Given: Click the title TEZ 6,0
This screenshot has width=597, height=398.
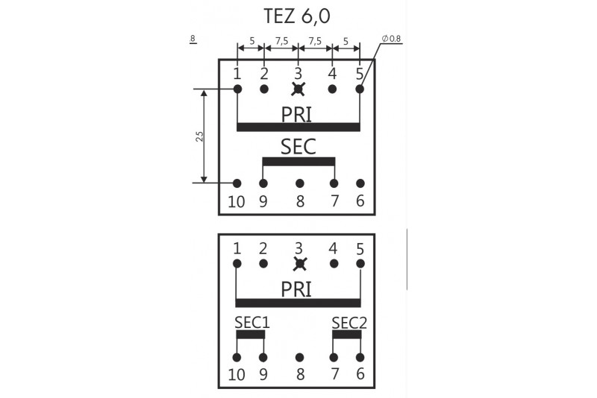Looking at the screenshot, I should click(x=297, y=16).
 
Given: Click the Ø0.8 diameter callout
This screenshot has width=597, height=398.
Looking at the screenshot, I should click(x=391, y=39).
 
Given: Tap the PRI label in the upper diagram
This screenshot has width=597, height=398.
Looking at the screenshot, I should click(x=296, y=114).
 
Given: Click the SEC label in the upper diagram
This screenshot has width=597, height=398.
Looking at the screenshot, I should click(x=298, y=146).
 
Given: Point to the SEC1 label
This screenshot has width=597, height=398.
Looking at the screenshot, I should click(x=251, y=323).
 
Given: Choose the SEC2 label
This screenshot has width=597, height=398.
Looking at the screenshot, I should click(x=348, y=323).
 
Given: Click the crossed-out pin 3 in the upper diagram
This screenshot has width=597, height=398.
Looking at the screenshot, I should click(x=298, y=89).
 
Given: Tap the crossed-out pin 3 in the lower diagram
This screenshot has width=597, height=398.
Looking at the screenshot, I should click(x=300, y=263).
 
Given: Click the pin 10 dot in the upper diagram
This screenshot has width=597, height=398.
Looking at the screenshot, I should click(x=237, y=183).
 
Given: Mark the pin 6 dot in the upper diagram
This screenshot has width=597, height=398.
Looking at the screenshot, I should click(x=360, y=183).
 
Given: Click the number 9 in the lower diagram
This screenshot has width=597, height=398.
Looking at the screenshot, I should click(x=263, y=375).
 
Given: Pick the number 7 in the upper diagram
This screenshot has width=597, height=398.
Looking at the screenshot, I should click(x=334, y=201).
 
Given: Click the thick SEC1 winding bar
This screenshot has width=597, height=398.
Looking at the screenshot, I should click(x=250, y=335).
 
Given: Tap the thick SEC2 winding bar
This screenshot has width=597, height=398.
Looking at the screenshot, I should click(x=347, y=335).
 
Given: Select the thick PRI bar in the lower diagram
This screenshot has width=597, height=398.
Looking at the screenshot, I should click(x=298, y=303).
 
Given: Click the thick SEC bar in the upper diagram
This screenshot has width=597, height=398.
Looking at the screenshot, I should click(x=298, y=161).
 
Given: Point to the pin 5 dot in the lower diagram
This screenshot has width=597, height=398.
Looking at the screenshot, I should click(x=360, y=263).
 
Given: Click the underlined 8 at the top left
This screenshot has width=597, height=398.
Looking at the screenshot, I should click(x=193, y=38).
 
